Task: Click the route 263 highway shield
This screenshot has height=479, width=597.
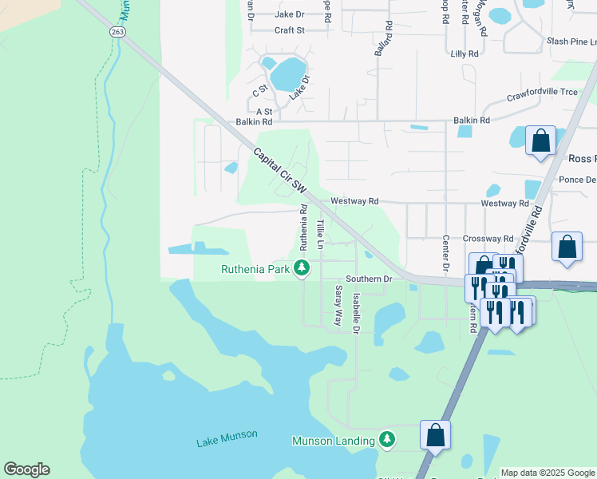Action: click(x=117, y=31)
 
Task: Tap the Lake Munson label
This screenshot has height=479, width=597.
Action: click(x=227, y=434)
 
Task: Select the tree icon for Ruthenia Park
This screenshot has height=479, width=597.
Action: click(x=302, y=268)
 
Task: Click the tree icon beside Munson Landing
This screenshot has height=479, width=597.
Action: click(x=387, y=440)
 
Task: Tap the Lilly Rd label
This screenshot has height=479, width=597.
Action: click(x=464, y=53)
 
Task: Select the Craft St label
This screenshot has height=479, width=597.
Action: click(x=290, y=30)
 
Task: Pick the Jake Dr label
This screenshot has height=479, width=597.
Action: click(x=289, y=14)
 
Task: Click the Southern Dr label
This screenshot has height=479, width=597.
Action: click(x=370, y=279)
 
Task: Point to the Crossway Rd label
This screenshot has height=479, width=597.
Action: click(x=487, y=239)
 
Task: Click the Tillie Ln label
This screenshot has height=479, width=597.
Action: click(x=320, y=234)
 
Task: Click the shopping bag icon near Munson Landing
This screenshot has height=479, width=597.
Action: click(x=435, y=436)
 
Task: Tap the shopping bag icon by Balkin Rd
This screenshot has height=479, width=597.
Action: click(x=541, y=141)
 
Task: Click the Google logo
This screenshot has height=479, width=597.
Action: click(x=26, y=469)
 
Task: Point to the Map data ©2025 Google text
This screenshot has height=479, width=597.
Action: click(x=548, y=473)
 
